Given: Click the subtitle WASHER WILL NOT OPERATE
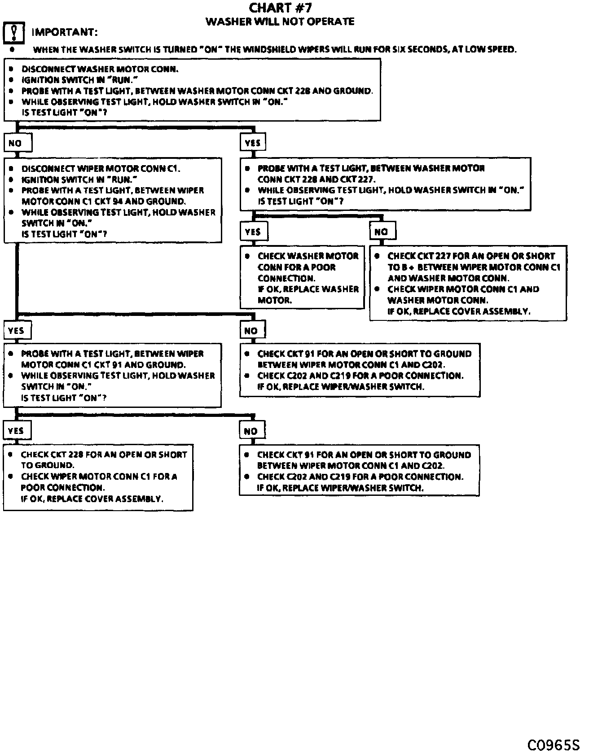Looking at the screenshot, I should pos(280,22).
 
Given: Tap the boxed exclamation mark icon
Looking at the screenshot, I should pos(13,32).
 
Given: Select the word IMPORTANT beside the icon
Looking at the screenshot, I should pos(64,32).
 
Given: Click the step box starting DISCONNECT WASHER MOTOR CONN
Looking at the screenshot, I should pos(192,91).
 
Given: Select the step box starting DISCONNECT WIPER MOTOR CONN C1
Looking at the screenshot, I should pos(113,200).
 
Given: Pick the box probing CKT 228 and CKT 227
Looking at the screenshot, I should pos(385,184).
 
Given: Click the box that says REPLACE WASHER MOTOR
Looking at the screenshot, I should pos(302,277).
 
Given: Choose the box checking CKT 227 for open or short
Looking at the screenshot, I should pos(468,283).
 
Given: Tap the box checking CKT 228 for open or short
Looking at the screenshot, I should pos(98,477).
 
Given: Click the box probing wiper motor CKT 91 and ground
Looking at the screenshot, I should pos(112,375).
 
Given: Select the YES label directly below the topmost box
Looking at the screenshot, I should pos(253,143).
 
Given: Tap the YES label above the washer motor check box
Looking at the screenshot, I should pos(253,232).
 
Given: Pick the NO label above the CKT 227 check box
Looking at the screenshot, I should pos(381,232).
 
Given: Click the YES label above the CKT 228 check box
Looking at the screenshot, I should pos(16,430).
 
